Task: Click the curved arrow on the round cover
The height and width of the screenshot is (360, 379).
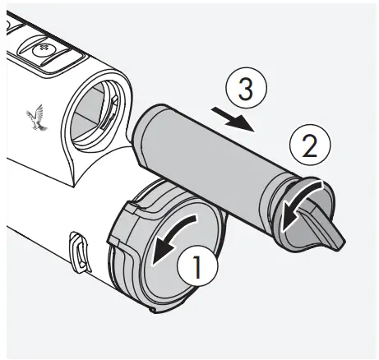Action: (x=179, y=235)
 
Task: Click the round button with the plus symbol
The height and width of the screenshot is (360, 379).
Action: (x=40, y=50)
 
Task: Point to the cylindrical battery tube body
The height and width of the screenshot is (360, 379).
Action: (x=206, y=160)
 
